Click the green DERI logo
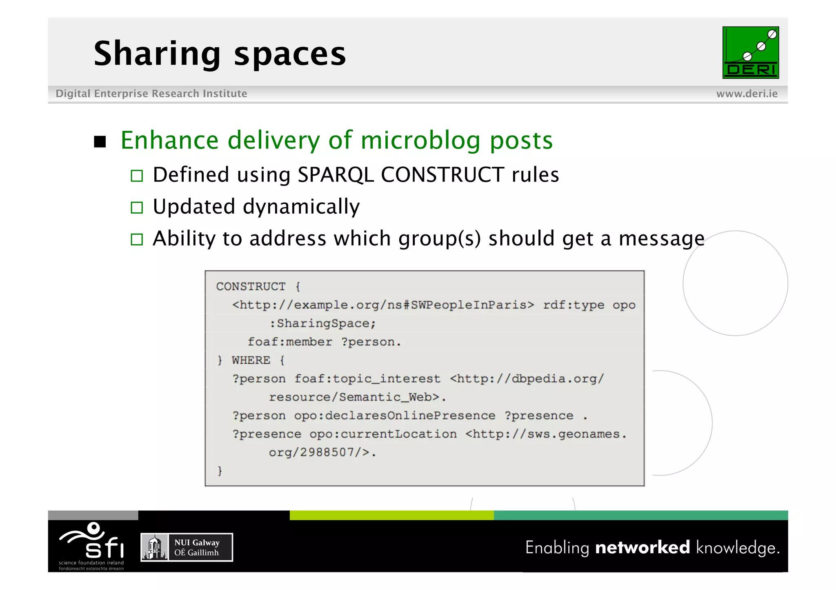750,53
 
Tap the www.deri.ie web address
747,94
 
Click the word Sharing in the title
157,54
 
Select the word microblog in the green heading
420,141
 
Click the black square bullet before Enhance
100,142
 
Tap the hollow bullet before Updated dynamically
137,208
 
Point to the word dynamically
301,207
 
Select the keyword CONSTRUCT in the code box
251,287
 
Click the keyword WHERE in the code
251,360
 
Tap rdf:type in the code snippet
574,305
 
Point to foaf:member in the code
290,342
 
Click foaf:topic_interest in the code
367,379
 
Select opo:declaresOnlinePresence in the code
394,416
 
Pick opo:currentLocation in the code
383,434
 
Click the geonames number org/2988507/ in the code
319,453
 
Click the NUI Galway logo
187,548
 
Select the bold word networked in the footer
643,548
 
